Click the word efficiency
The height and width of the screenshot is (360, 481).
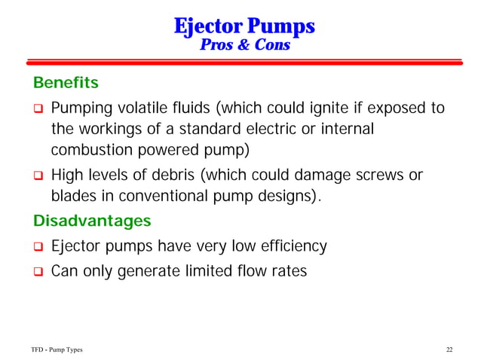click(x=293, y=246)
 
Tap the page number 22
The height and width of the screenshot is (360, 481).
click(x=449, y=349)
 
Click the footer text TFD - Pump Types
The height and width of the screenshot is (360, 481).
click(x=57, y=349)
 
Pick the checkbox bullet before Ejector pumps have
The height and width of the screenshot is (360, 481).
click(x=35, y=247)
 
